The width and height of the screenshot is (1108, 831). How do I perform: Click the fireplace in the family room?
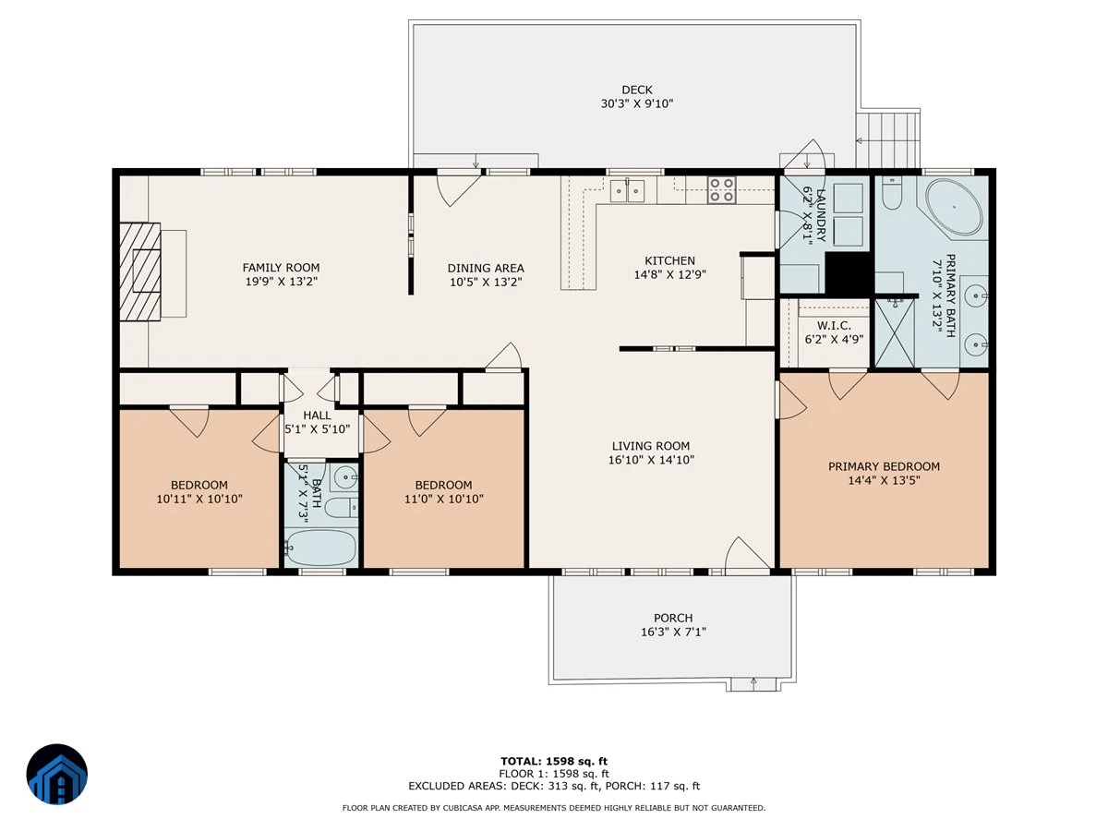[139, 271]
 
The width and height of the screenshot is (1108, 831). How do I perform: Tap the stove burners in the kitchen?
[721, 189]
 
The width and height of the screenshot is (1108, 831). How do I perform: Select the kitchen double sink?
[627, 190]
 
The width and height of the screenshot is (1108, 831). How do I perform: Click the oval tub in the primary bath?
[954, 209]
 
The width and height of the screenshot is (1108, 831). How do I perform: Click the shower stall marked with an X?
[894, 333]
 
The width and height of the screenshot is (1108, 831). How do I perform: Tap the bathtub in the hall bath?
[320, 547]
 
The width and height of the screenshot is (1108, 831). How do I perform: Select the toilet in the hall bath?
[342, 507]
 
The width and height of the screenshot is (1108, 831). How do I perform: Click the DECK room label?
[636, 90]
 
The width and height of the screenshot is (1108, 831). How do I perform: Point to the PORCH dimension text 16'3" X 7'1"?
[673, 632]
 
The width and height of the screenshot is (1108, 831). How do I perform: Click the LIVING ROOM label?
[651, 446]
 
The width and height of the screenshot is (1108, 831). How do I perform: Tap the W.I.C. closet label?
[834, 325]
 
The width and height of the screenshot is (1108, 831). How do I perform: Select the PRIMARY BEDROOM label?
[884, 466]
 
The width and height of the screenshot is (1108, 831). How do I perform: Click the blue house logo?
[57, 774]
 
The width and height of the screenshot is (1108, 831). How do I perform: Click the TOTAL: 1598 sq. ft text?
[554, 762]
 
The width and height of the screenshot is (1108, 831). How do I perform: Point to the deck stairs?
[887, 139]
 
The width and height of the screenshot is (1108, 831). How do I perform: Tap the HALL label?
[317, 415]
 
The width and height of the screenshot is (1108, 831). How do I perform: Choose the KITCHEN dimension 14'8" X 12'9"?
[669, 274]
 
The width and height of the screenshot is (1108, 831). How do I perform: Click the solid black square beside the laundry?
[849, 272]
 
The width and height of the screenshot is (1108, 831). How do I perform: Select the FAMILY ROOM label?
[281, 268]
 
